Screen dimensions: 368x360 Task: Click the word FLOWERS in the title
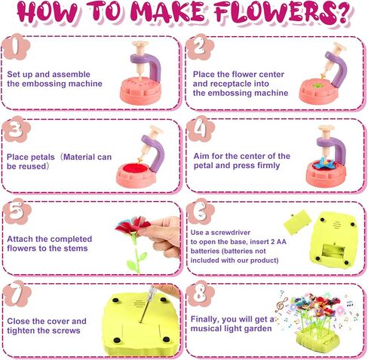pos(283,13)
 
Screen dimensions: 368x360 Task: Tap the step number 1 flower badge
pos(16,47)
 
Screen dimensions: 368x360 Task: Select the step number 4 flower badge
pos(201,130)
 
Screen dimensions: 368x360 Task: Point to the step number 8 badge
pos(201,294)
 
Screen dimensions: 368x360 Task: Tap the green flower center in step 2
pos(317,85)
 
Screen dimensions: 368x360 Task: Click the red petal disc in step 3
pos(133,167)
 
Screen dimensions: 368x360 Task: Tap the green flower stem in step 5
pos(137,255)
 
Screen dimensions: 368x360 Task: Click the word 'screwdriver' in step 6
pos(231,233)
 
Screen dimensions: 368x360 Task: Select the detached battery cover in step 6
pos(298,222)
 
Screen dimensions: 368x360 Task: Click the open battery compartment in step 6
pos(333,251)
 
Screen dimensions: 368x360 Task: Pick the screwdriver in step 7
pos(146,304)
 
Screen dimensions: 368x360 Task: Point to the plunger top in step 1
pos(140,45)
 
